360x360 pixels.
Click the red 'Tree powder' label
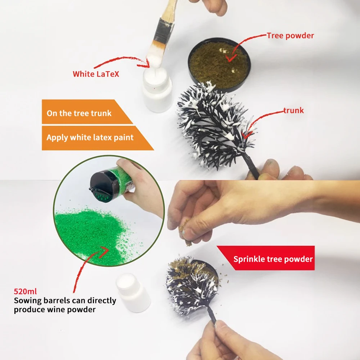click(x=290, y=36)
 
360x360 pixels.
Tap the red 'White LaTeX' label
click(x=96, y=74)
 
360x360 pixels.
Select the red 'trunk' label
click(x=293, y=111)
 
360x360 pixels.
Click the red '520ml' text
click(x=25, y=291)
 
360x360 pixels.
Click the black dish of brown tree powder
click(x=219, y=64)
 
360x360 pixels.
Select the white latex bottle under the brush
click(x=157, y=90)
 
